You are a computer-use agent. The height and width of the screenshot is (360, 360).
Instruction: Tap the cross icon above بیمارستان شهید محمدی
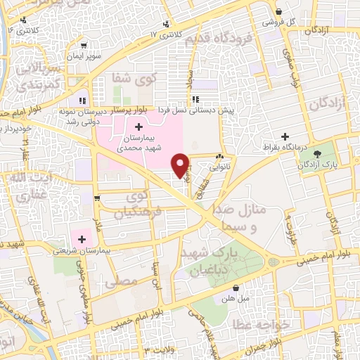(138, 127)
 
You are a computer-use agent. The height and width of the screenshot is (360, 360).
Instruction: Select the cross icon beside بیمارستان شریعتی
(83, 239)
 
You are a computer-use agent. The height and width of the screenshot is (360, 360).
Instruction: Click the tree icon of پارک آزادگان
(319, 153)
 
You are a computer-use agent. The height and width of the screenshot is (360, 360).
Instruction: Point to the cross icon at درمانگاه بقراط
(285, 136)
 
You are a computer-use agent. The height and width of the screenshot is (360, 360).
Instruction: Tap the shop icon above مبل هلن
(236, 287)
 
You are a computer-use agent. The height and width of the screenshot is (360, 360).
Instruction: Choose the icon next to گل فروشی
(280, 12)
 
